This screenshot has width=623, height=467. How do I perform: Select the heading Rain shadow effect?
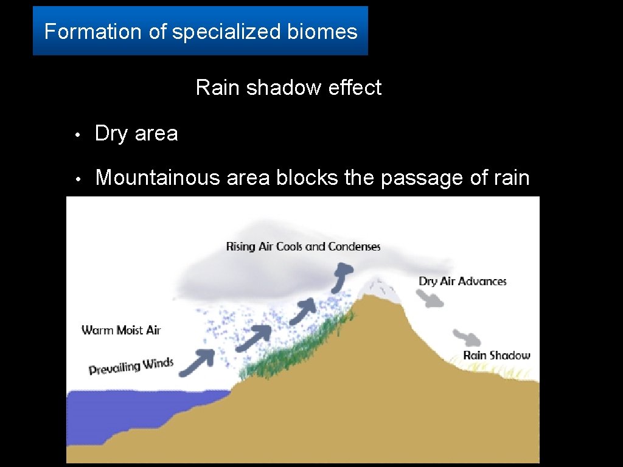[288, 88]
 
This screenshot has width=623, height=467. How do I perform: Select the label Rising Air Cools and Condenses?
[303, 247]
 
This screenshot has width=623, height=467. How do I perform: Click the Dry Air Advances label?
[462, 281]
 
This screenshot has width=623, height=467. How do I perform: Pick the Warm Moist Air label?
[121, 330]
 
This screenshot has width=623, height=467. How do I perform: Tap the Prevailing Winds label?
[131, 367]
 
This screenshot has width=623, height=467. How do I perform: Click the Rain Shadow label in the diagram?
[496, 356]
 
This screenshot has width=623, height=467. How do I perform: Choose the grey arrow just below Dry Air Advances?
[431, 298]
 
